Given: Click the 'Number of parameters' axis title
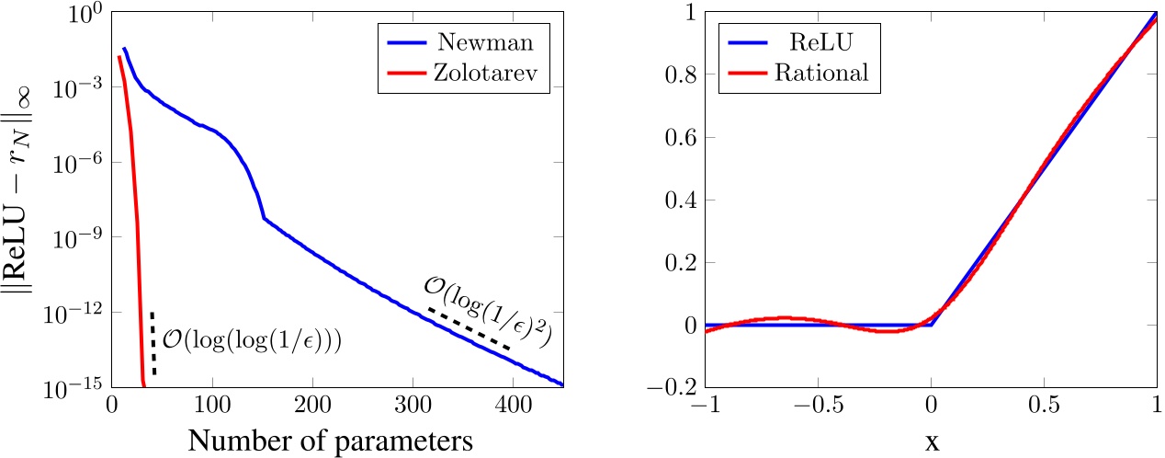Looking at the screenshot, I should [331, 440].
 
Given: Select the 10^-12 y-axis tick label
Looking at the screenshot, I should [68, 313].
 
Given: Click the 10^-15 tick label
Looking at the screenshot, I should [68, 387].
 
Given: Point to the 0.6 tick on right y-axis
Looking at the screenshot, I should [680, 138].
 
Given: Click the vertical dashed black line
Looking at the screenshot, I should [153, 342].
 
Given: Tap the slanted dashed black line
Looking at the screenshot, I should [469, 328].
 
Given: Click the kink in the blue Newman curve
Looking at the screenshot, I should [264, 218].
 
